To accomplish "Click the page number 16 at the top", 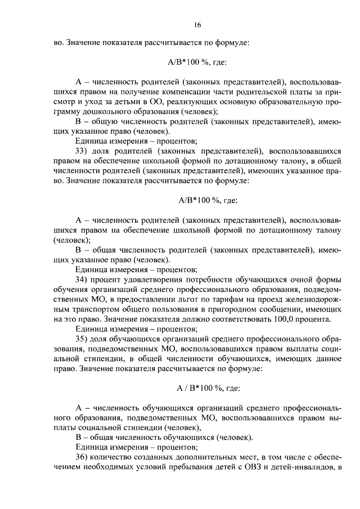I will tap(197, 25).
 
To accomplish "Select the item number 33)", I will tap(82, 151).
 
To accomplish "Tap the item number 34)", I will tap(82, 280).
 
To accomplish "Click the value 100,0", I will tap(286, 319).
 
